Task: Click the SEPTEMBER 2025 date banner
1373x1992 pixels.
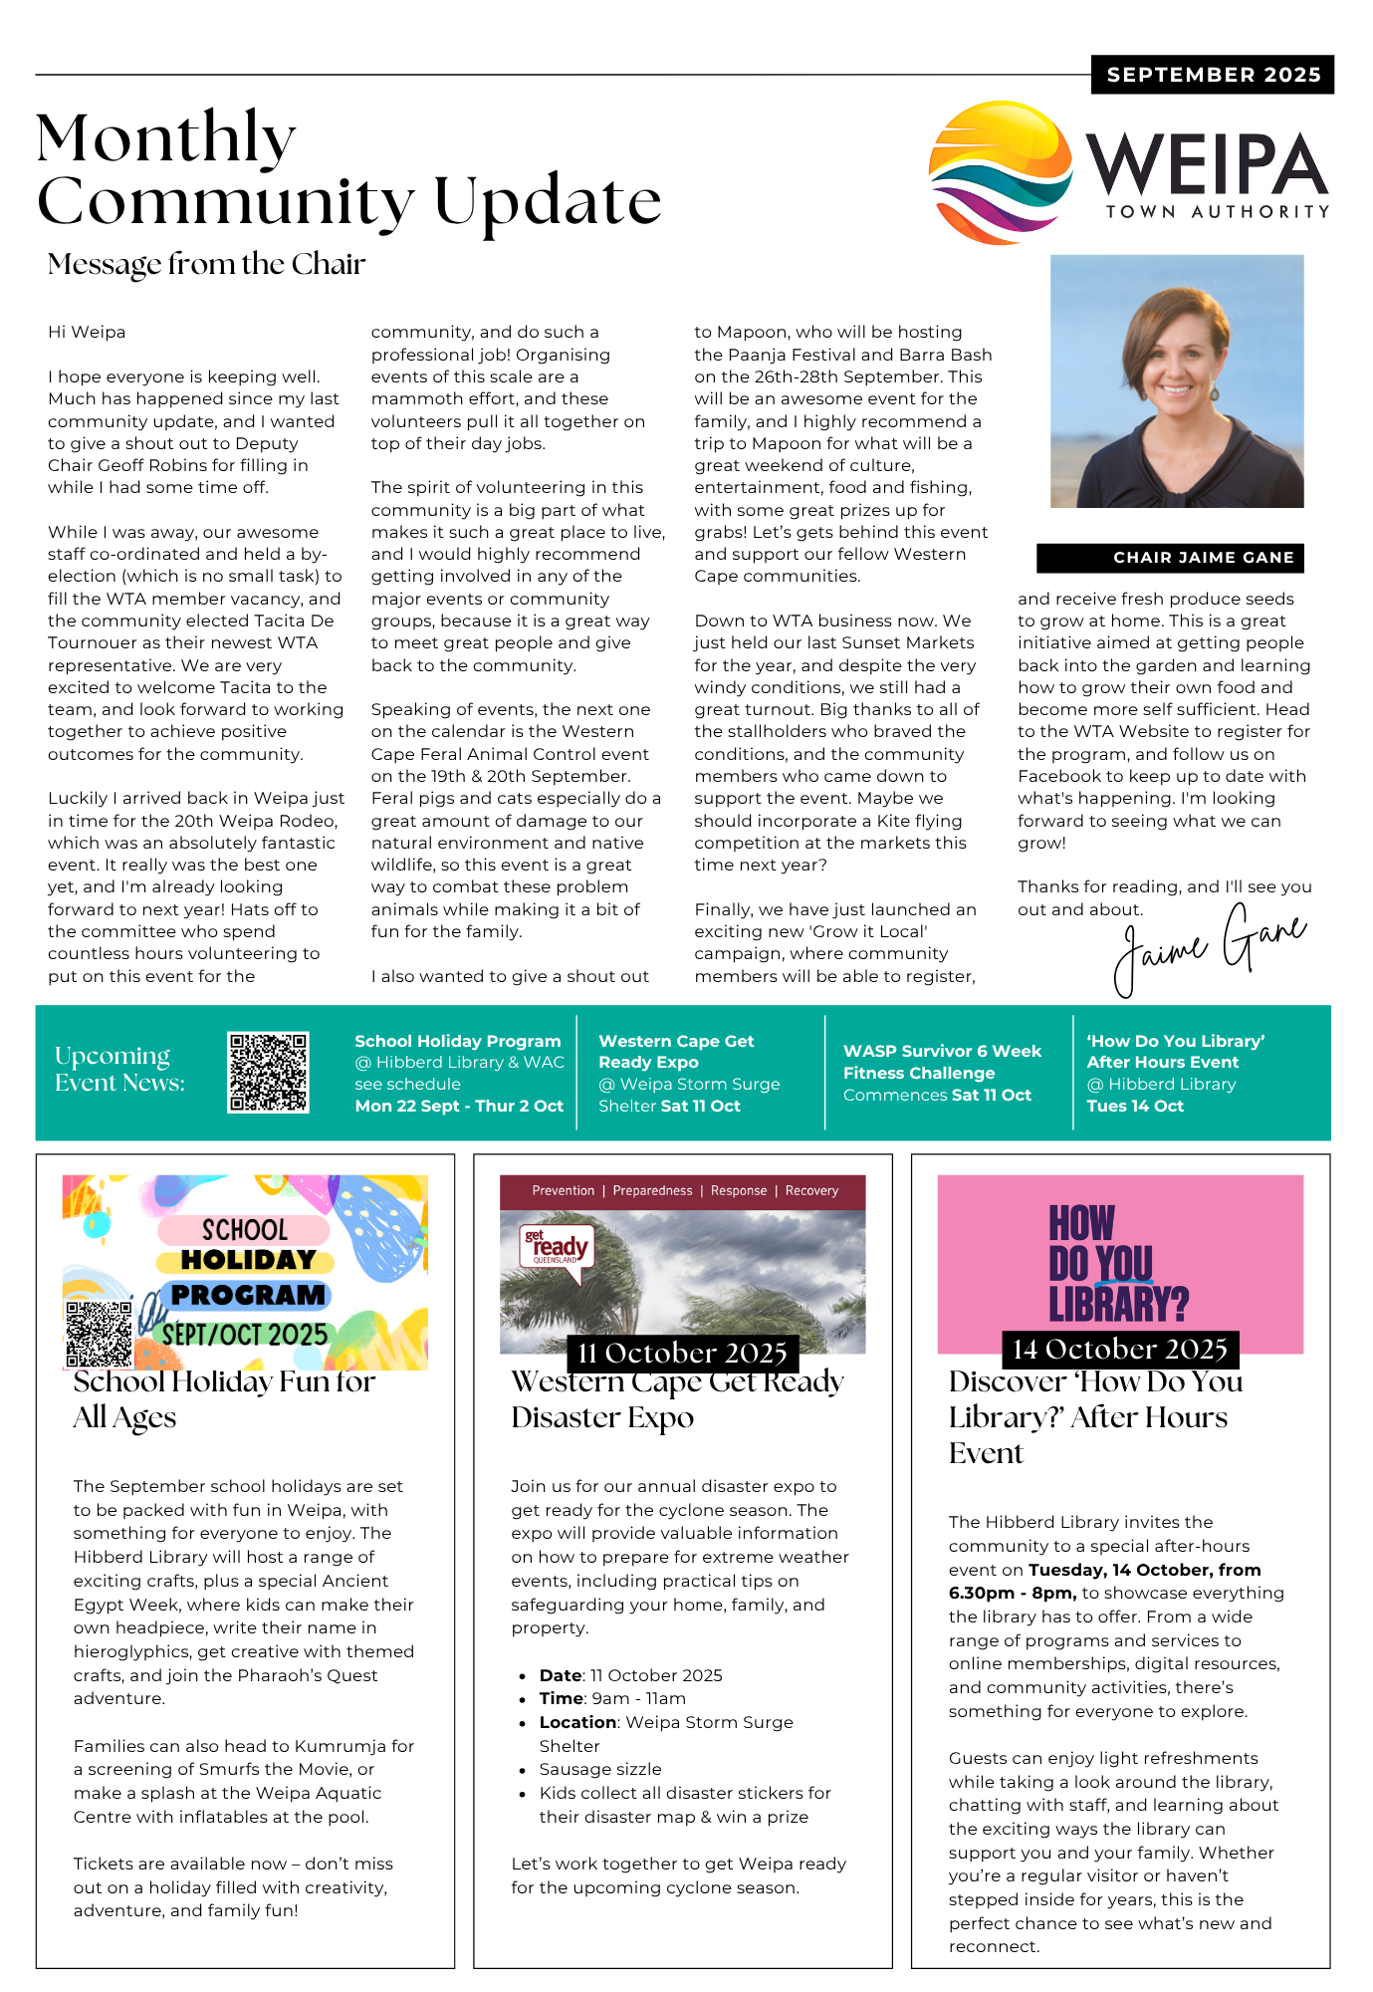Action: (1213, 75)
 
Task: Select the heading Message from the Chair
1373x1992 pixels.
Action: (206, 264)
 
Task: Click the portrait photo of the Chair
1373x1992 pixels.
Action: (1177, 380)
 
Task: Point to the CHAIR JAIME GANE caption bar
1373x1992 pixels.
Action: (1170, 558)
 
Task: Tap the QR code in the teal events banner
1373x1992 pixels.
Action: (268, 1072)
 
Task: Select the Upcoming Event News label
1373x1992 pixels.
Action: (119, 1069)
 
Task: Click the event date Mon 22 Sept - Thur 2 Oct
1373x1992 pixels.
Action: (459, 1106)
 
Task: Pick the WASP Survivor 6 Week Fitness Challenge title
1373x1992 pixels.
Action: (942, 1062)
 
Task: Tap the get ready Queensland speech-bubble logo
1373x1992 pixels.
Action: (557, 1248)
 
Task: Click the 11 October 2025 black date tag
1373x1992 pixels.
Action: (682, 1353)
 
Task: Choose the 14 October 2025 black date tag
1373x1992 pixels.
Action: (1120, 1350)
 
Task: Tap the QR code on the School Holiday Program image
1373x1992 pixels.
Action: (99, 1333)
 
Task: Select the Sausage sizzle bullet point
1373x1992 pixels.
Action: (600, 1769)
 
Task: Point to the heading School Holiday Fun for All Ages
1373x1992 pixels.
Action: (224, 1398)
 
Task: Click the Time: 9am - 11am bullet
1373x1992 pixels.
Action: (612, 1698)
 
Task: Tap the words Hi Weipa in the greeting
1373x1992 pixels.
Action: (87, 332)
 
